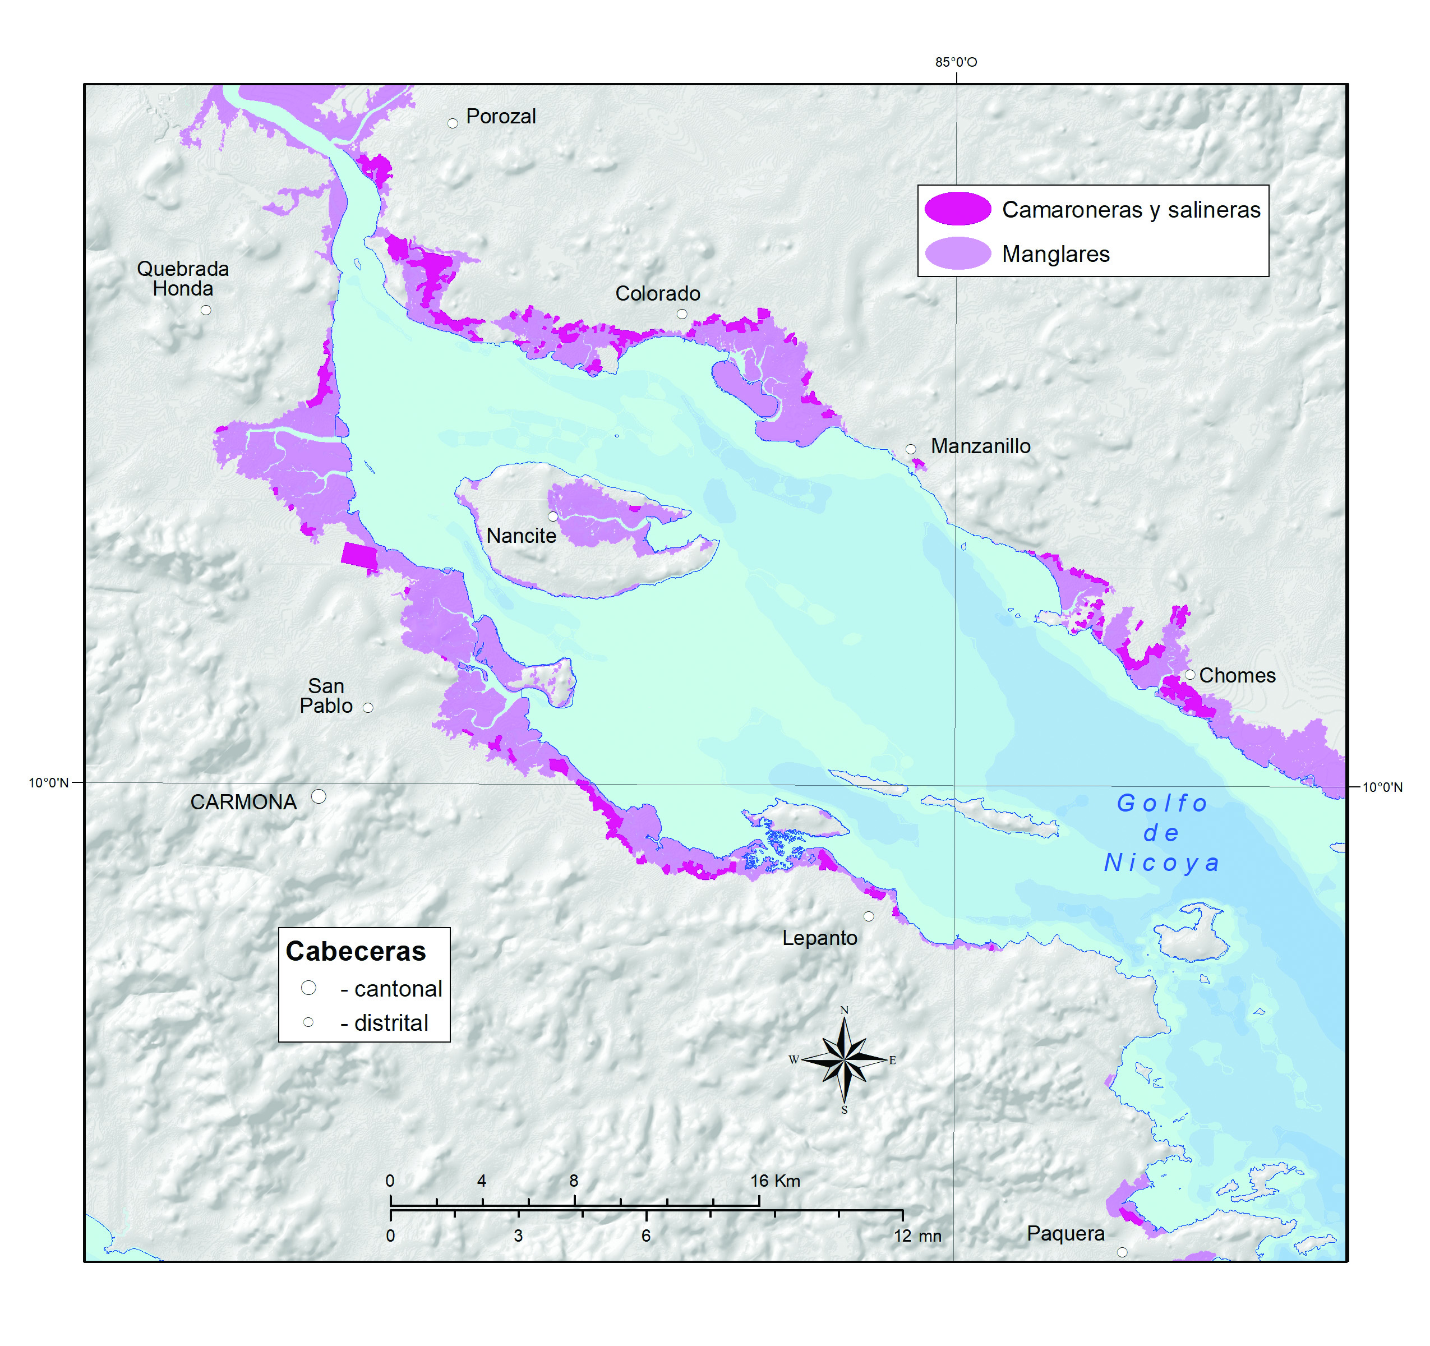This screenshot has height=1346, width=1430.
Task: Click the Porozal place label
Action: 501,117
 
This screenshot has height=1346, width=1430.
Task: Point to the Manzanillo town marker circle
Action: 911,449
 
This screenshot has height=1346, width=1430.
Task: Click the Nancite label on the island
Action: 521,536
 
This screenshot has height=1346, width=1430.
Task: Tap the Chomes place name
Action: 1237,675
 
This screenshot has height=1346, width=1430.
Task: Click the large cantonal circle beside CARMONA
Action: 319,796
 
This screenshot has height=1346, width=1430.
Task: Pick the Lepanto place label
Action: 819,938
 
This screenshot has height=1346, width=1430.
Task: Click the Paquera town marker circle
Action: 1122,1252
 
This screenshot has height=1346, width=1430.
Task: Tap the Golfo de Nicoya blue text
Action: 1162,832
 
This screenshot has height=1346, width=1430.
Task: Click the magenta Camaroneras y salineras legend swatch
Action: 957,209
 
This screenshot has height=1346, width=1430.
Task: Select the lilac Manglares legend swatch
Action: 957,253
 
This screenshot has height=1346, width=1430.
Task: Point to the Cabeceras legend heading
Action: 356,951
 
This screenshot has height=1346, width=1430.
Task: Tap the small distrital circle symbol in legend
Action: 308,1022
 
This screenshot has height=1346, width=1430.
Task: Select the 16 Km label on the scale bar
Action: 774,1181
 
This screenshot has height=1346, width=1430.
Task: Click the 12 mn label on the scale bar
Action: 917,1236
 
